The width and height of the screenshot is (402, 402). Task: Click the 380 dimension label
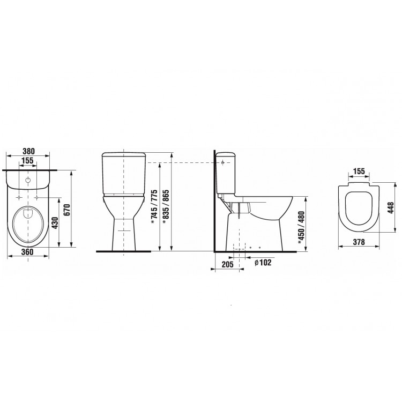[28, 151]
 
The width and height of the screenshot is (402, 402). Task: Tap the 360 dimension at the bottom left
[27, 252]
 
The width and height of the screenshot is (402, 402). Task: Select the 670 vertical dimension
[66, 210]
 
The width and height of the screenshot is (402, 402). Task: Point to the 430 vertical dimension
[55, 224]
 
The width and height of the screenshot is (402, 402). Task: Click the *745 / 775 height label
[154, 207]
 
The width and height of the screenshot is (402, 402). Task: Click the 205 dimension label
[227, 264]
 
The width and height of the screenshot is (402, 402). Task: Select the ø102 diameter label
[263, 262]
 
